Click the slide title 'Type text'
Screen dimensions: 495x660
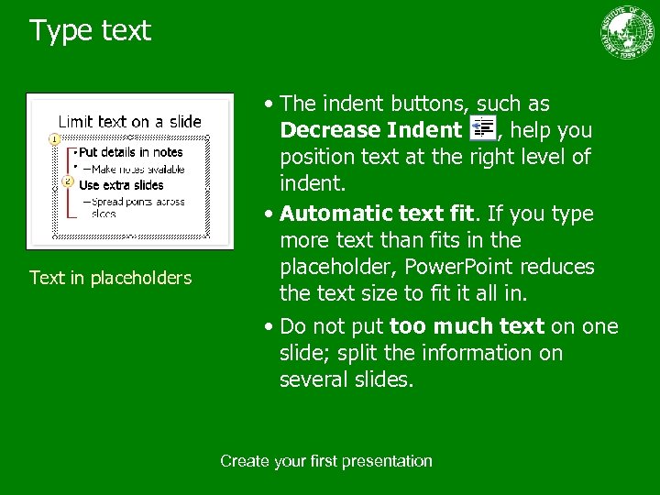coord(90,30)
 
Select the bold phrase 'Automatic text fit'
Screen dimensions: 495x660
coord(378,214)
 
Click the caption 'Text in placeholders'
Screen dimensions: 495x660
coord(111,278)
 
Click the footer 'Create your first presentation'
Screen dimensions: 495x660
coord(325,461)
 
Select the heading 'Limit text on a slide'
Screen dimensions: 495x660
coord(130,121)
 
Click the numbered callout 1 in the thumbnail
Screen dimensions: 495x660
coord(55,138)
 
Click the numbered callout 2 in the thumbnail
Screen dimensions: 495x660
coord(67,181)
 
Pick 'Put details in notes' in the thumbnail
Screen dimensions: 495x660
coord(130,152)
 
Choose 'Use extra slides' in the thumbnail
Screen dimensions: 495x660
coord(121,185)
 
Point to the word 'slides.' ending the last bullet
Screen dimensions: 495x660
coord(381,379)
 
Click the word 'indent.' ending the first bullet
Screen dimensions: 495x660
coord(313,183)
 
